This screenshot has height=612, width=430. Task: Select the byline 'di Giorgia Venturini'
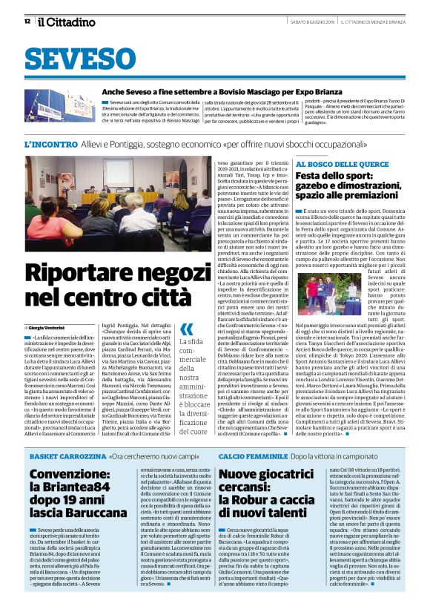pyautogui.click(x=53, y=326)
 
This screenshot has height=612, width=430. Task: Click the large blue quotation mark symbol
pyautogui.click(x=186, y=329)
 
